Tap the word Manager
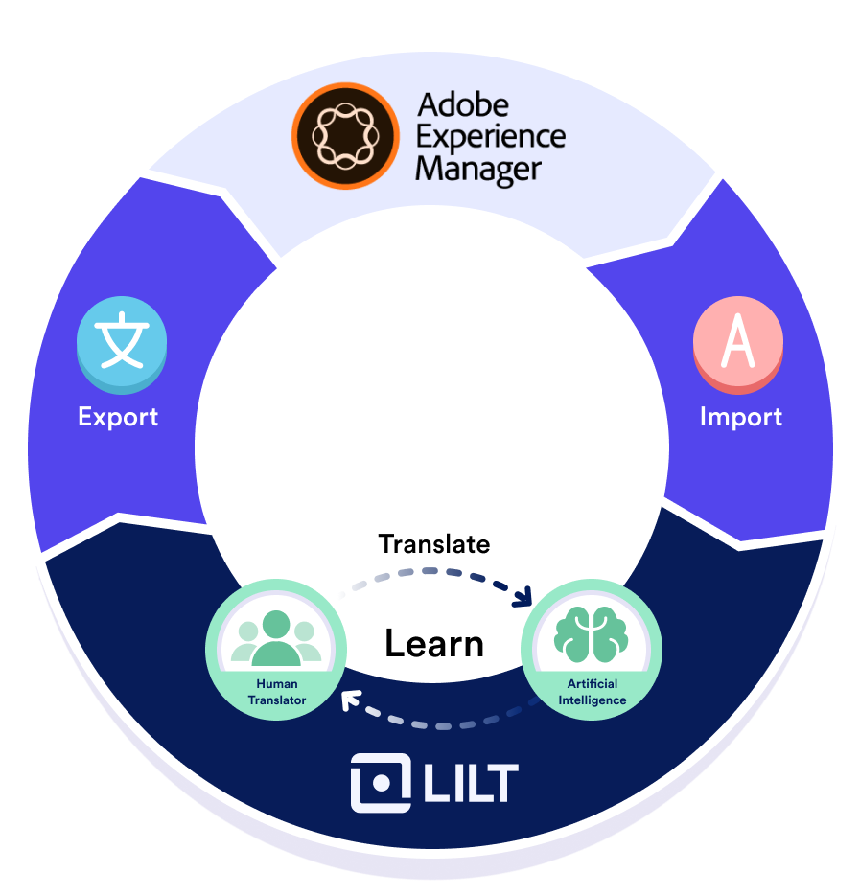478,170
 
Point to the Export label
118,417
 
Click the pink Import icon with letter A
738,345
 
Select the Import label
740,417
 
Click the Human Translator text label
276,692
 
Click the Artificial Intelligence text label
592,692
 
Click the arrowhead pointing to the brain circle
523,599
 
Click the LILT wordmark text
470,783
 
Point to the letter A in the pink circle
738,343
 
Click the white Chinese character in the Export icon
122,341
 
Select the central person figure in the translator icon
276,637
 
